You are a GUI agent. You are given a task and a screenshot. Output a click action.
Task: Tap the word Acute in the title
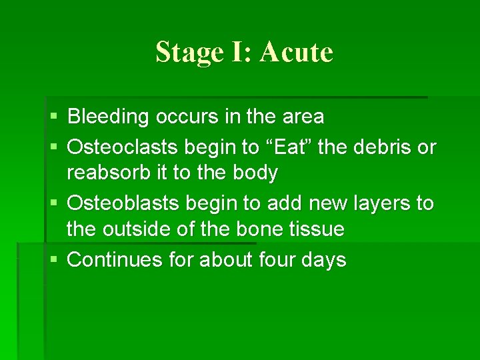[x=297, y=52]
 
